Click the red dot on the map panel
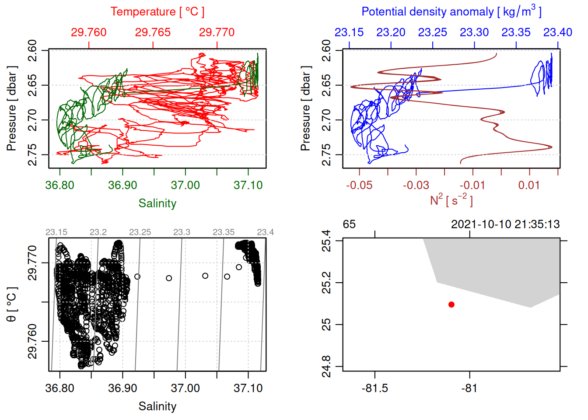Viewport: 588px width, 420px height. click(451, 304)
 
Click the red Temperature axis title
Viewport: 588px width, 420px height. click(157, 12)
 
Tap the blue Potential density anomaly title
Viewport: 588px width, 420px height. click(451, 12)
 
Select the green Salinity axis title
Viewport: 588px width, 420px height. click(157, 203)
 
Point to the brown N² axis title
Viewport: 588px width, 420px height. click(451, 200)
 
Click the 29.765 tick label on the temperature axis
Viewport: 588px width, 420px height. click(153, 32)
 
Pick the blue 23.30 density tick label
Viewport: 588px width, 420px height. click(474, 32)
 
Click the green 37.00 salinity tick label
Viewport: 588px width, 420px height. click(185, 185)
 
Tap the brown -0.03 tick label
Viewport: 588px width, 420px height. click(416, 185)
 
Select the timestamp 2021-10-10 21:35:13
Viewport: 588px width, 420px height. click(505, 224)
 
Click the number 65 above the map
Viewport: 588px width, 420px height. click(349, 224)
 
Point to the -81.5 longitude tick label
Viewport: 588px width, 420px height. click(375, 388)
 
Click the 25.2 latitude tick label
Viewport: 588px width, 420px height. click(326, 283)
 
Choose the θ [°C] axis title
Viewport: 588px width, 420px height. click(12, 304)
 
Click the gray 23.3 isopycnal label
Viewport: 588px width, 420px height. click(182, 232)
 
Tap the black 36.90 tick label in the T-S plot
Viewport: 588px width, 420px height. click(122, 388)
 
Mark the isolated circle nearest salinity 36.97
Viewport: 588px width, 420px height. click(169, 278)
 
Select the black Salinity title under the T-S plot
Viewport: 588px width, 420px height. click(157, 406)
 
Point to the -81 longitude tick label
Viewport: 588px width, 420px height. click(469, 388)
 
